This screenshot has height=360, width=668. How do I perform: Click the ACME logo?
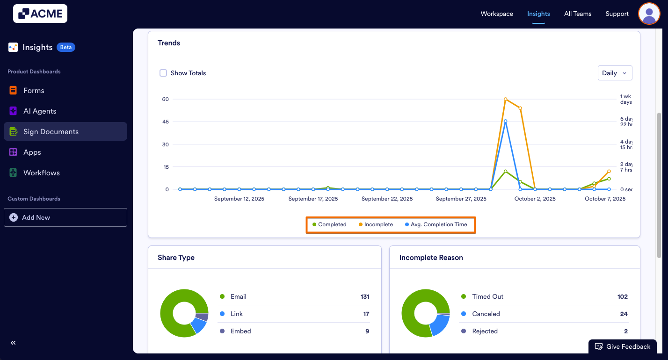[40, 14]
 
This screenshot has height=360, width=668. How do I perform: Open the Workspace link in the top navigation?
[497, 14]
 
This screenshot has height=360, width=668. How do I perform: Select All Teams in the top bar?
[578, 14]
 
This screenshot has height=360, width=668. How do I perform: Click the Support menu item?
[617, 14]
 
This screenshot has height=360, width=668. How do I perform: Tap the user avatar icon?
[649, 14]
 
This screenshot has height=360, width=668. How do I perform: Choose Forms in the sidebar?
[34, 91]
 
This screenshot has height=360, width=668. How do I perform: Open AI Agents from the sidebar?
[40, 111]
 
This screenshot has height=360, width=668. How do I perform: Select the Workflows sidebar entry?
[42, 173]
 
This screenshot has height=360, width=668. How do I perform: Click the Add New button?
[65, 217]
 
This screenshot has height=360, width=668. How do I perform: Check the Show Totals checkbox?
[163, 73]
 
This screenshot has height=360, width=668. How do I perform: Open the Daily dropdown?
[615, 73]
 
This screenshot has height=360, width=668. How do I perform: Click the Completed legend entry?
[330, 224]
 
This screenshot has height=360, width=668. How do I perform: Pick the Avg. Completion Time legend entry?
[436, 224]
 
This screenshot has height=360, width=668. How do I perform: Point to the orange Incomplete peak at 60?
[506, 99]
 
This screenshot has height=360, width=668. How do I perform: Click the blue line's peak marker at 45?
[506, 121]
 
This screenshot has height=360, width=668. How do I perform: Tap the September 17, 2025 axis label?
[313, 199]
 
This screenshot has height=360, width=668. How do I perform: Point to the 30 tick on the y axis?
[165, 144]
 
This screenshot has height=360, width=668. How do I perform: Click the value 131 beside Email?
[365, 296]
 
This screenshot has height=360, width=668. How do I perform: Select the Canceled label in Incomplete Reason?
[486, 314]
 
